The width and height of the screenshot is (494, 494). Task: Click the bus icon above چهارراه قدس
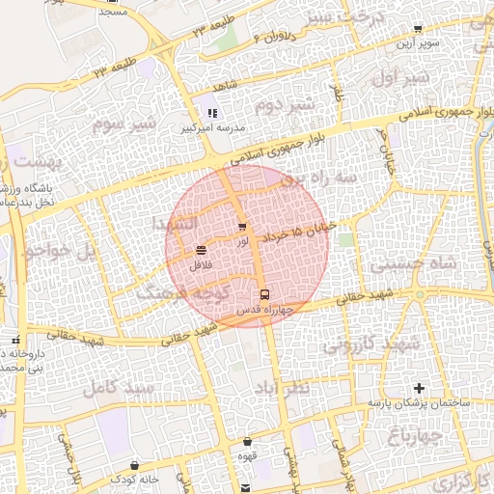click(x=263, y=294)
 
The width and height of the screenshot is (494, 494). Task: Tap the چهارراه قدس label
click(x=263, y=311)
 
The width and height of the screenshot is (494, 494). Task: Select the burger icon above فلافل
click(x=200, y=250)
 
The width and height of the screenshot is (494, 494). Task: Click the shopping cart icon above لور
click(x=241, y=228)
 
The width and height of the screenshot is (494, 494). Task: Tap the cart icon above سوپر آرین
click(x=417, y=29)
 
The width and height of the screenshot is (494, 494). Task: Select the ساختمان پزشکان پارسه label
click(x=417, y=401)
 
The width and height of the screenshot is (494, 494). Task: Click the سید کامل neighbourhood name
click(x=119, y=387)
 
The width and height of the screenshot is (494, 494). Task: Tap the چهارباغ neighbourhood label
click(x=415, y=436)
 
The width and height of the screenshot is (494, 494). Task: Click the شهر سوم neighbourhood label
click(x=123, y=124)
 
